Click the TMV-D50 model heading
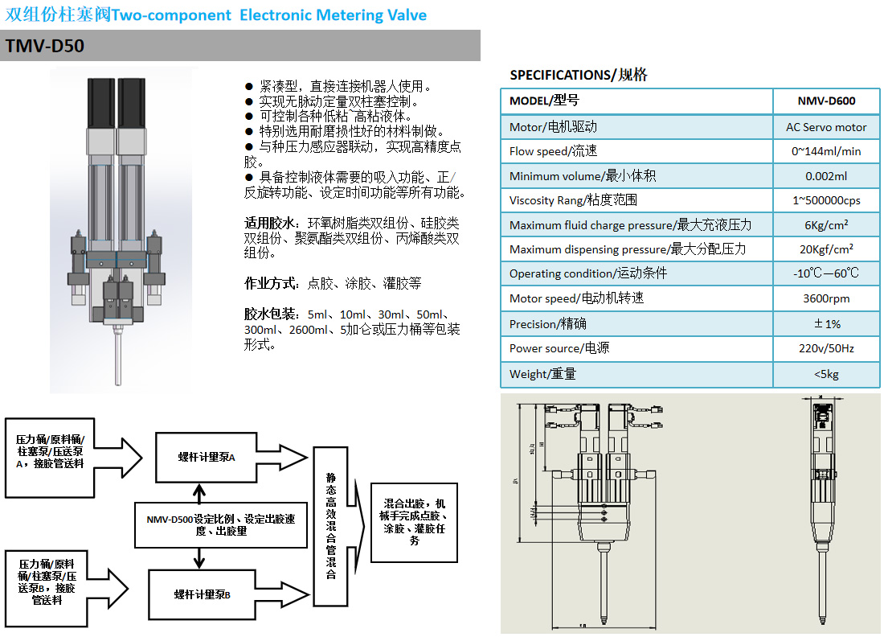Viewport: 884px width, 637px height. click(45, 47)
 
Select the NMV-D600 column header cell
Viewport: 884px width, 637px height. click(826, 101)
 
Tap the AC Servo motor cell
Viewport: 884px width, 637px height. click(826, 127)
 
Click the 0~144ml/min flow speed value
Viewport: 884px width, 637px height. click(826, 151)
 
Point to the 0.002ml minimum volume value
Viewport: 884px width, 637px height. click(826, 176)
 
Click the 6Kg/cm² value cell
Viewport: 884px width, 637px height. click(826, 224)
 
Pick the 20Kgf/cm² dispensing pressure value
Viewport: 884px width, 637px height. click(826, 249)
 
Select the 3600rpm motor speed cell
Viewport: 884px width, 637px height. click(826, 298)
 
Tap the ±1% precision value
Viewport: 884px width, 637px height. click(826, 323)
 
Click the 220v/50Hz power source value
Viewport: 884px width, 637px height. click(826, 348)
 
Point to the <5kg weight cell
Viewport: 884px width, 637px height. click(826, 374)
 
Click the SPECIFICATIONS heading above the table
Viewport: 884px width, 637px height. click(578, 75)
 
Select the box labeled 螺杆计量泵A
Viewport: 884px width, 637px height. click(207, 458)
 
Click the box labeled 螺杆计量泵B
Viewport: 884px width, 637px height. click(203, 594)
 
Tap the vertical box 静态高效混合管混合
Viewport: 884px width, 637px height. click(330, 527)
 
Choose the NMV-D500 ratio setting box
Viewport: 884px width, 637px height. click(220, 525)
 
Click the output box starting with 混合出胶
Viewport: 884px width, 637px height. click(413, 523)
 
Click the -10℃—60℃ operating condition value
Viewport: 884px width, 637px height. click(826, 273)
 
